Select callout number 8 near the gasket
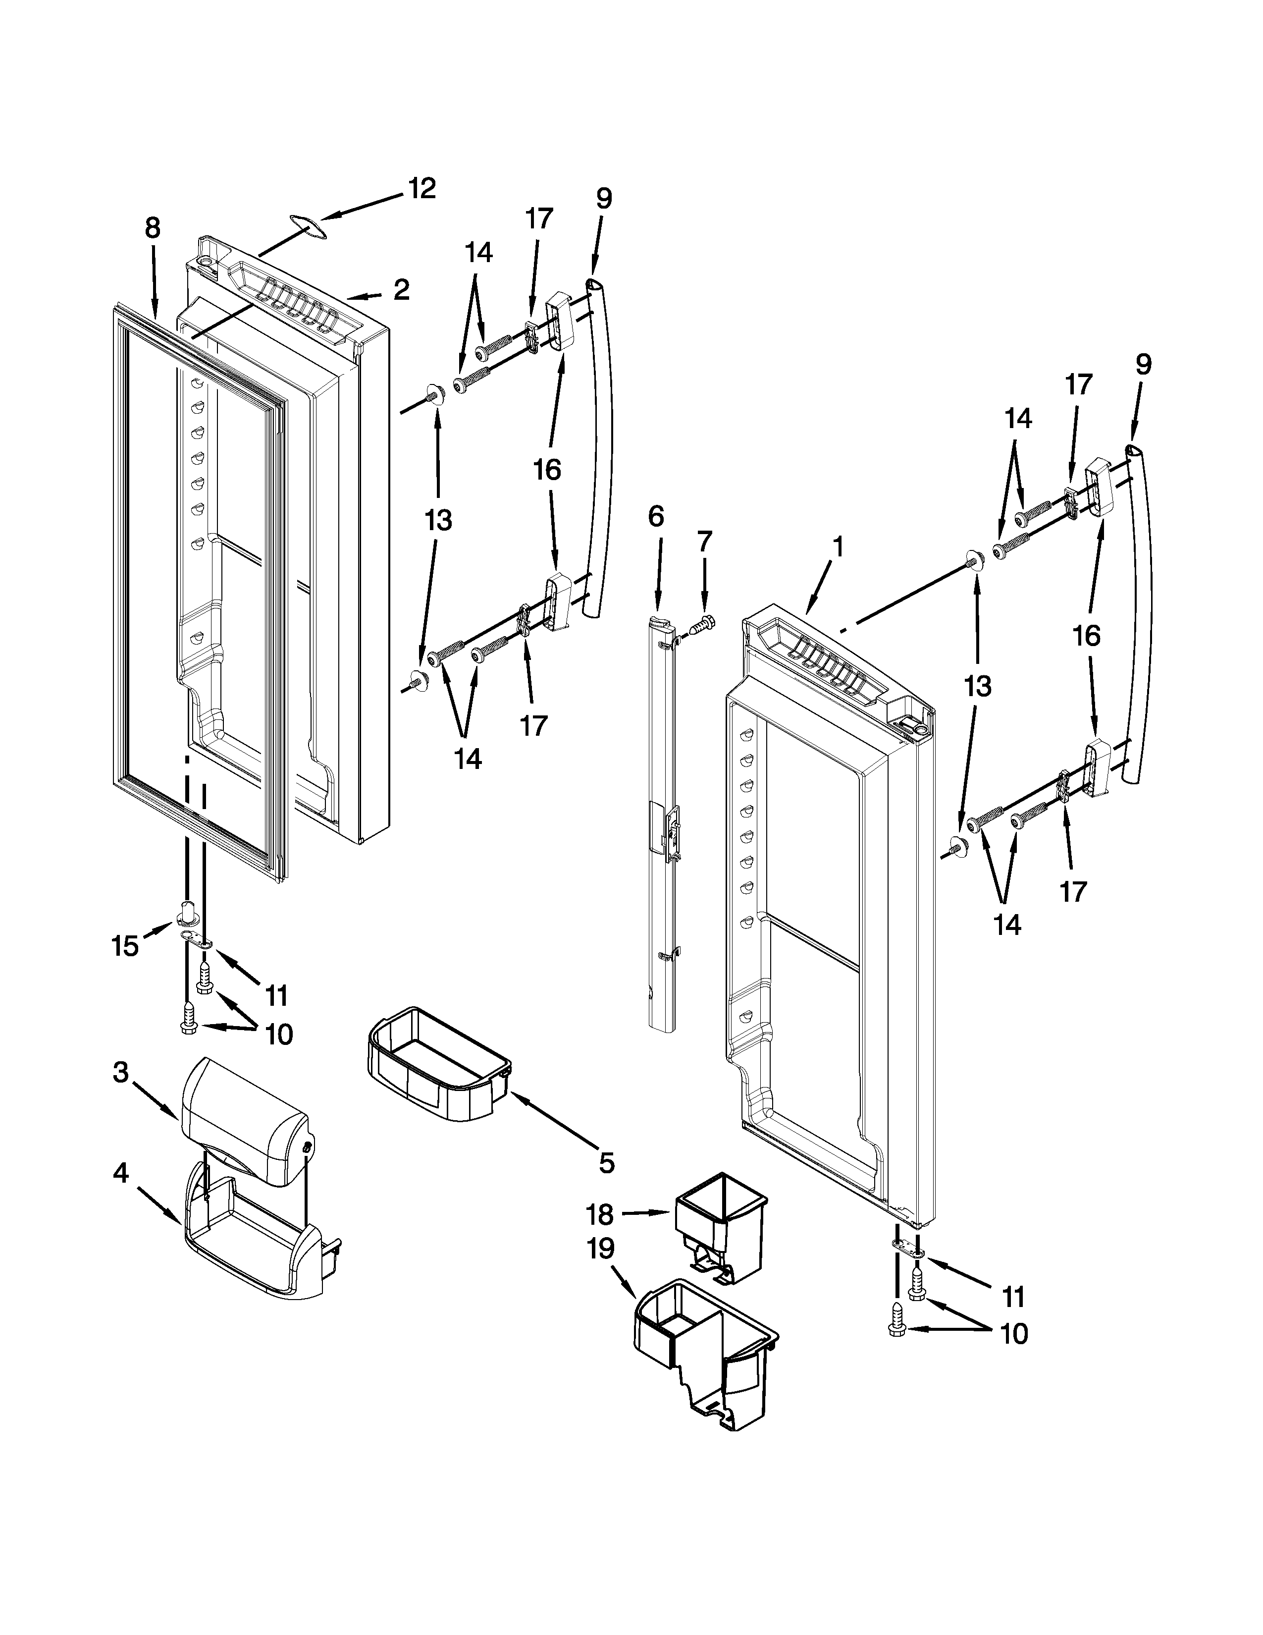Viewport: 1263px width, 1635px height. (153, 227)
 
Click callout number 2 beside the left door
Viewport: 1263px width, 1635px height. (402, 290)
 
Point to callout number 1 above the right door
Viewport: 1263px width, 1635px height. (839, 547)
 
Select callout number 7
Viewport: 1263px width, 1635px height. (704, 541)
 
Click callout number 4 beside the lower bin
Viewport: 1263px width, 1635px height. (120, 1174)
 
